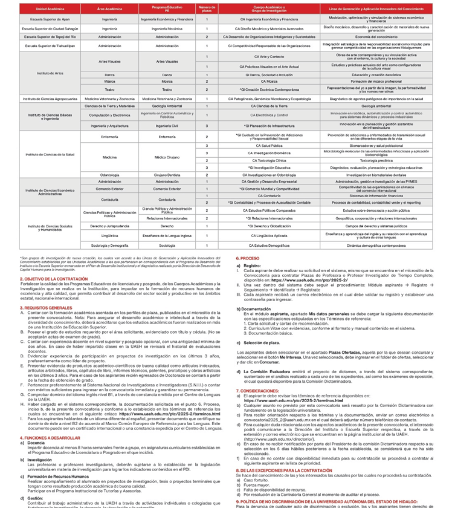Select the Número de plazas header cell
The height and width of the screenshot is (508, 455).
[207, 10]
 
